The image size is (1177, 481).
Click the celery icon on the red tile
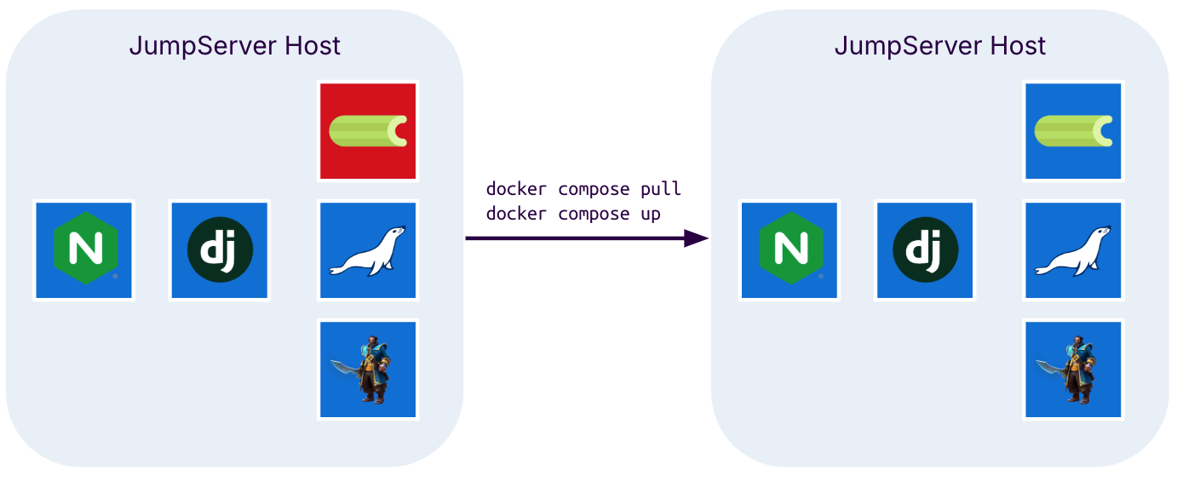click(x=368, y=130)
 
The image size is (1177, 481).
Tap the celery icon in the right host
click(x=1074, y=130)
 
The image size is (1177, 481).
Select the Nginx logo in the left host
click(x=83, y=250)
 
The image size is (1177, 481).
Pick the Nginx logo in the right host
click(x=790, y=250)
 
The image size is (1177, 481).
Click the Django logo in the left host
click(x=220, y=250)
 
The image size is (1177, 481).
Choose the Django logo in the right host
click(x=926, y=250)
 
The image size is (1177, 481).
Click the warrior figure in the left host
click(x=371, y=369)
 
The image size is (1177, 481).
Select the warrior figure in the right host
click(x=1077, y=369)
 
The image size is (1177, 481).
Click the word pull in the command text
click(x=661, y=188)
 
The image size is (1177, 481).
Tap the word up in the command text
click(x=651, y=213)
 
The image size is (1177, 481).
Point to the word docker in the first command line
click(x=516, y=188)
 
